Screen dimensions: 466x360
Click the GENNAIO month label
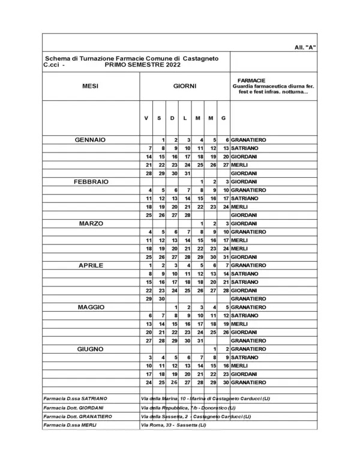(x=90, y=139)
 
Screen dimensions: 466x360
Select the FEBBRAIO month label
(x=90, y=181)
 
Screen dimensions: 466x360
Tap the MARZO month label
(x=90, y=223)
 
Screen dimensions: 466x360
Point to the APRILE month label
(x=90, y=265)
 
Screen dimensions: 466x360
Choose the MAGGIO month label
(x=90, y=307)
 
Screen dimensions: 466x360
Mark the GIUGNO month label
(x=90, y=349)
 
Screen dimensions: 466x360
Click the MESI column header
(x=90, y=86)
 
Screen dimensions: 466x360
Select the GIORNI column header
(x=185, y=86)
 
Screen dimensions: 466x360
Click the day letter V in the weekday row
(x=146, y=118)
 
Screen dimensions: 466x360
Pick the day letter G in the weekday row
(x=223, y=118)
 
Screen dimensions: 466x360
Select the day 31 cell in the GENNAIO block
(x=187, y=173)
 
